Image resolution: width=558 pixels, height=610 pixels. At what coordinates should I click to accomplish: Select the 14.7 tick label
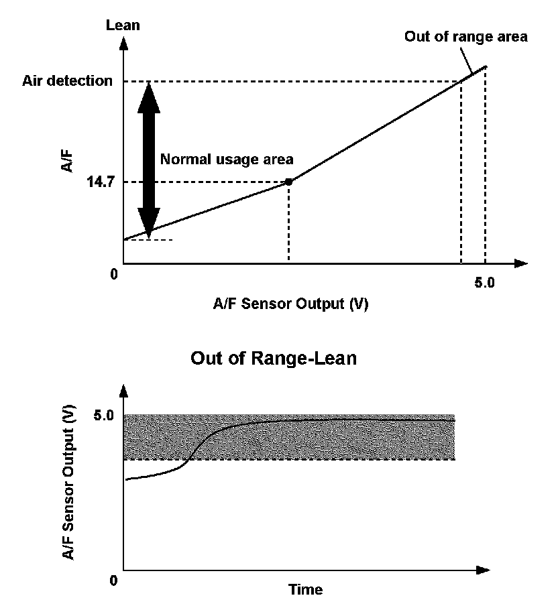tap(99, 182)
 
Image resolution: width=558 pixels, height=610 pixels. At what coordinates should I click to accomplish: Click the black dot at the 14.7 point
tap(288, 182)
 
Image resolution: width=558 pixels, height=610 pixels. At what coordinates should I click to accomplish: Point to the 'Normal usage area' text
tap(227, 160)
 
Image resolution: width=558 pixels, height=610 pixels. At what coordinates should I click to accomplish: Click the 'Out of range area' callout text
tap(465, 37)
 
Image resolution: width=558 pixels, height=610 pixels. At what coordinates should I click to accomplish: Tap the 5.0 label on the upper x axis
tap(484, 283)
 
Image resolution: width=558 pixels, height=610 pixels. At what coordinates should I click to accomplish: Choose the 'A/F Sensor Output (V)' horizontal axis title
tap(291, 304)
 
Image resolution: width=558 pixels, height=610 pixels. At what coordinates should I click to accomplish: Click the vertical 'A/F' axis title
tap(68, 161)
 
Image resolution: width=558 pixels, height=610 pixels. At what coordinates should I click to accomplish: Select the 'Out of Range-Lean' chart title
tap(274, 359)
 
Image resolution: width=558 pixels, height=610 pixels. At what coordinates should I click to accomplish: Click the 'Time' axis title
tap(305, 591)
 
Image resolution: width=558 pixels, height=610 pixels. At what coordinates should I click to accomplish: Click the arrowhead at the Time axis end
tap(482, 570)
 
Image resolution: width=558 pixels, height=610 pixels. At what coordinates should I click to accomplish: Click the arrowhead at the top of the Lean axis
tap(123, 44)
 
